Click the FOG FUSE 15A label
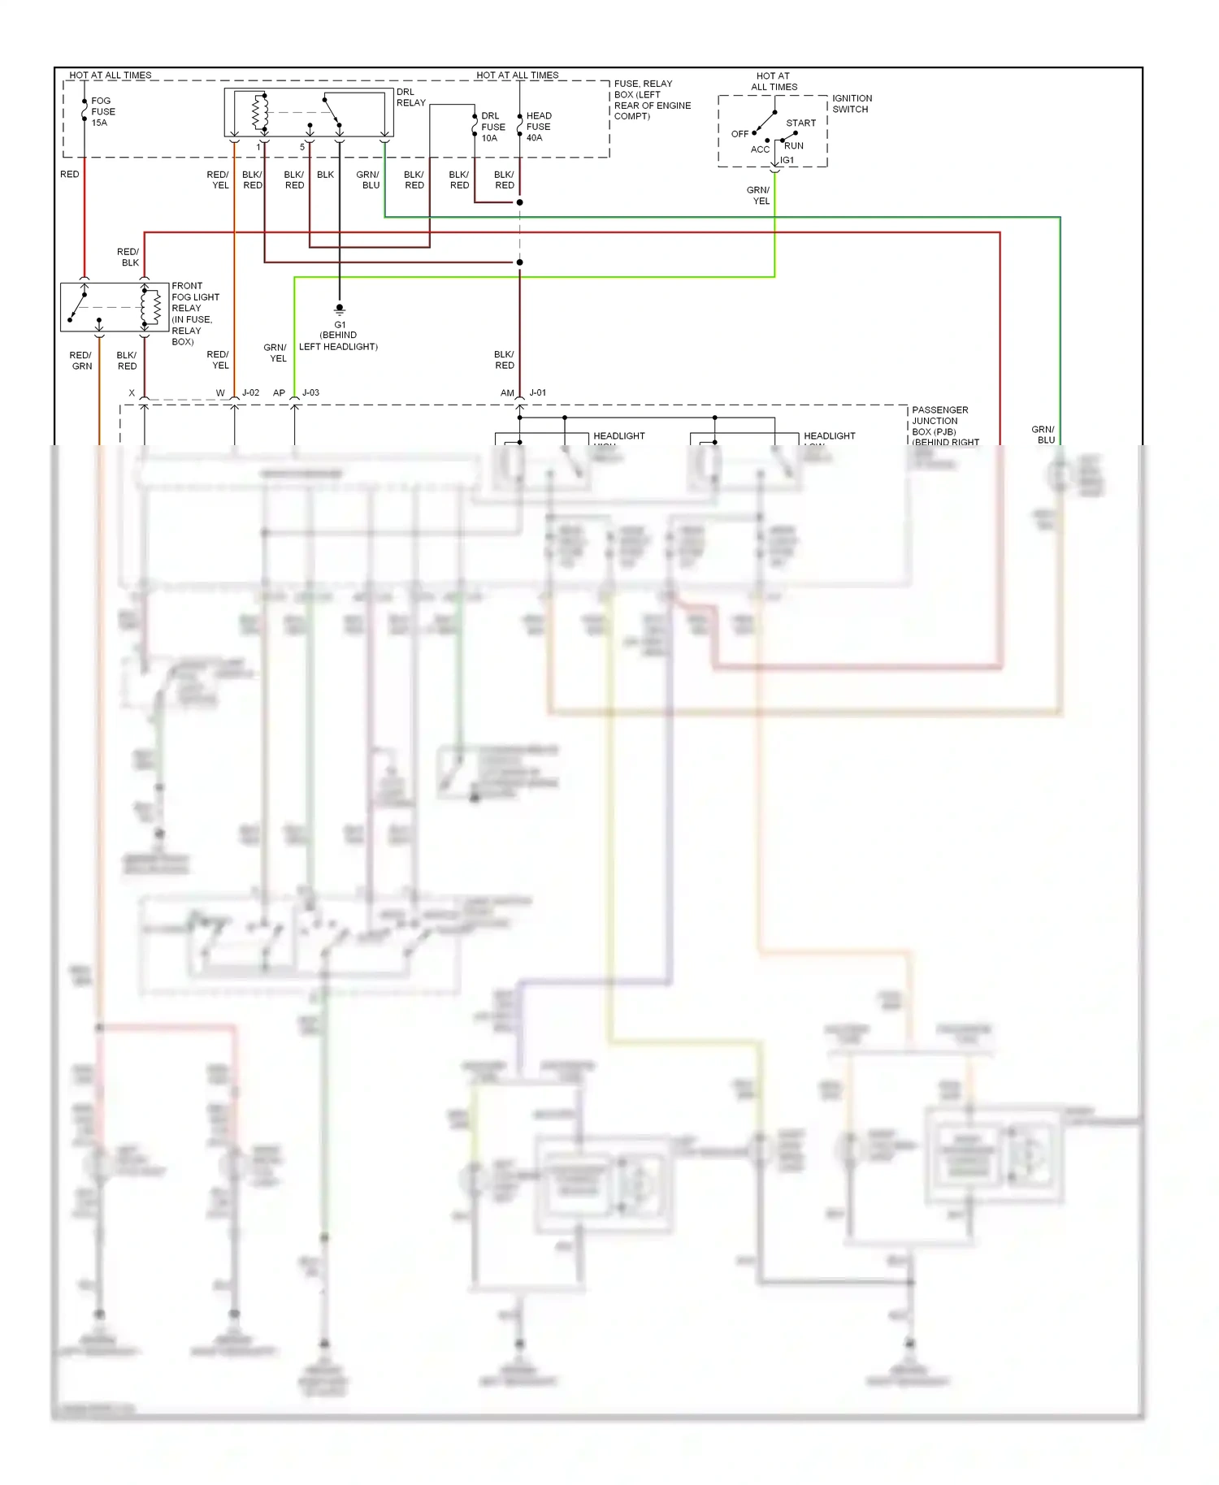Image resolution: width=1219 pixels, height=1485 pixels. (x=102, y=112)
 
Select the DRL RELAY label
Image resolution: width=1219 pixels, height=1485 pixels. (x=410, y=97)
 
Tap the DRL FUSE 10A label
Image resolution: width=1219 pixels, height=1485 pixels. (x=492, y=127)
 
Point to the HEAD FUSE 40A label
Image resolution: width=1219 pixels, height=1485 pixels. (x=538, y=127)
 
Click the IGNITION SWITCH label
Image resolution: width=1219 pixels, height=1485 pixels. (x=851, y=104)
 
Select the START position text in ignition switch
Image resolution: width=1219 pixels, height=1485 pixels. (x=800, y=123)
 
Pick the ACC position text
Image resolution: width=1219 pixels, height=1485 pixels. (x=759, y=149)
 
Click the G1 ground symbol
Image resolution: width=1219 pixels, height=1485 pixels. (x=340, y=309)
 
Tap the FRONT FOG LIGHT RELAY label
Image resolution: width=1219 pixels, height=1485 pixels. (x=194, y=314)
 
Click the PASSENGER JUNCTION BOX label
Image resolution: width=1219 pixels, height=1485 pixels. (x=940, y=421)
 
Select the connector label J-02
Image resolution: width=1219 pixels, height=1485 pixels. (x=250, y=393)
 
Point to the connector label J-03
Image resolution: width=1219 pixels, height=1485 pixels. (x=310, y=393)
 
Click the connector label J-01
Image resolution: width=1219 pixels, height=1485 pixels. (x=538, y=393)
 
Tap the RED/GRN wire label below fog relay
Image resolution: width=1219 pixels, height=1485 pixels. (x=80, y=361)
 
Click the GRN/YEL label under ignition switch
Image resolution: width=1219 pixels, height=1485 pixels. (x=758, y=196)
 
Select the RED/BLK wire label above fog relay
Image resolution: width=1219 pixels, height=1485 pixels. (x=128, y=258)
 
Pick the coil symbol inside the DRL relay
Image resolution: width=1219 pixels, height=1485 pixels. (x=260, y=112)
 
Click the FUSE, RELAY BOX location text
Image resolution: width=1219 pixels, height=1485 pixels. (x=652, y=100)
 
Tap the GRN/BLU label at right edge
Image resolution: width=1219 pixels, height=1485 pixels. (x=1043, y=435)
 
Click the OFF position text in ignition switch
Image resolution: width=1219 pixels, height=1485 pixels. (x=740, y=134)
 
